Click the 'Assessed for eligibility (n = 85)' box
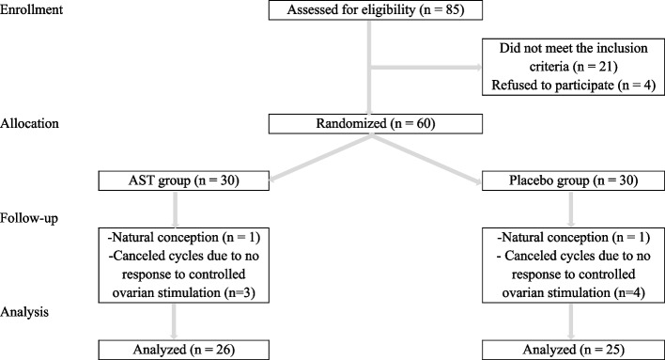(x=376, y=9)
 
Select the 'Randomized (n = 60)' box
(x=376, y=123)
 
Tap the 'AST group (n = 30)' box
(x=184, y=180)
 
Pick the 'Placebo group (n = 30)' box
(x=573, y=180)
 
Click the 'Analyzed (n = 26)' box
(x=184, y=350)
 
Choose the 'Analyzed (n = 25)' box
(x=573, y=350)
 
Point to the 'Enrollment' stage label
(x=31, y=9)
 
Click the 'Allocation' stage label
(x=29, y=123)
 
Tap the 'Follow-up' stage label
(x=29, y=218)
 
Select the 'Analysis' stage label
(x=24, y=312)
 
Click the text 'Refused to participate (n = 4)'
(x=573, y=85)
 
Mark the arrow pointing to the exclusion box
(x=426, y=67)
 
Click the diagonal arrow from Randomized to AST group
(x=320, y=158)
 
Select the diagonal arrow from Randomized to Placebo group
(x=427, y=159)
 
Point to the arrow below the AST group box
(x=175, y=210)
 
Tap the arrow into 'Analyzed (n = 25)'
(x=571, y=321)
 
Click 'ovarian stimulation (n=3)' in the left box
(x=184, y=292)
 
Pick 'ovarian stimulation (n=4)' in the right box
(x=573, y=292)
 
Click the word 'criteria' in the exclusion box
(x=549, y=67)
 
